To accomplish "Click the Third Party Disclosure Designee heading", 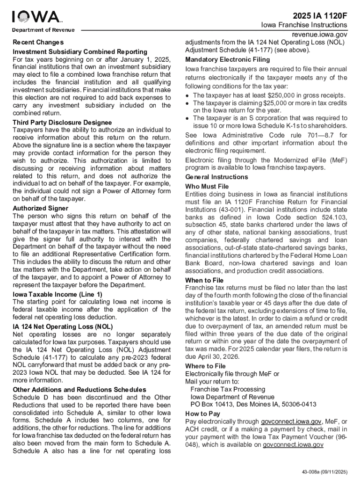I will click(x=62, y=122).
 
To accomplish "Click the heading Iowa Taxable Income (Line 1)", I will click(x=57, y=294).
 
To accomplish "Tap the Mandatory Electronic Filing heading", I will click(x=228, y=59).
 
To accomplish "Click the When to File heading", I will click(x=204, y=280).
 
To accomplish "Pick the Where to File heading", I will click(x=205, y=366).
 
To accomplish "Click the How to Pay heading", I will click(x=202, y=414).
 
